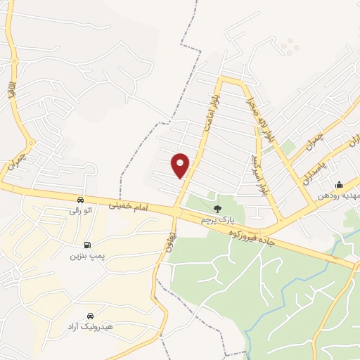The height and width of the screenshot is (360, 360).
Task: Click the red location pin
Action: pos(181,165)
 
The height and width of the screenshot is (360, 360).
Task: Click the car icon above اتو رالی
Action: pos(80,199)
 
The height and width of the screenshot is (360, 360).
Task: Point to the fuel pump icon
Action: pos(86,245)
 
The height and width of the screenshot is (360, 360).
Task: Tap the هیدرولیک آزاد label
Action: pos(90,328)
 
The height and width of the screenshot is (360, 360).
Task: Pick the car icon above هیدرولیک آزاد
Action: pos(90,316)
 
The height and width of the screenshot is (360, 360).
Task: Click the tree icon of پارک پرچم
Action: pos(217,209)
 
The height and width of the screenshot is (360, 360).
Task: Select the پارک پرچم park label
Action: pos(216,219)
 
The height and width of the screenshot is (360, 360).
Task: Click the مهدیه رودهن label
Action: pos(338,195)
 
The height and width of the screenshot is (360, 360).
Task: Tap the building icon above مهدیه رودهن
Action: pos(340,185)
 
